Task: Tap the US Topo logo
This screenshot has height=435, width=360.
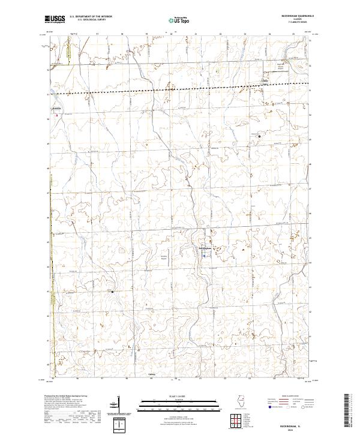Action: (179, 20)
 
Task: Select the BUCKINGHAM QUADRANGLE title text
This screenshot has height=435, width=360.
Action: (301, 16)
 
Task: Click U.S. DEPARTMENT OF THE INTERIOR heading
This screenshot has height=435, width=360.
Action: (90, 16)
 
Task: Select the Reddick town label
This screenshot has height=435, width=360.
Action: (57, 109)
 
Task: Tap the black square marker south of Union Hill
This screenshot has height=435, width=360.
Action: (259, 137)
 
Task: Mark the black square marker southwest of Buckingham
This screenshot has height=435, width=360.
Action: (113, 292)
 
